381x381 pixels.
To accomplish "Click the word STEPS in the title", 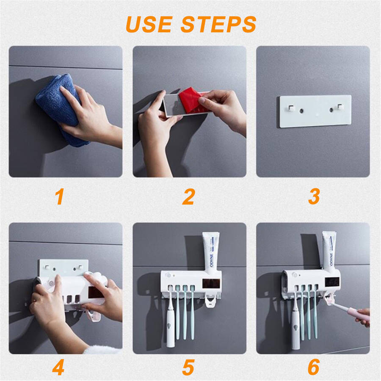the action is click(x=218, y=24).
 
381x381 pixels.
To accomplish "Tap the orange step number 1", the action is click(x=60, y=196).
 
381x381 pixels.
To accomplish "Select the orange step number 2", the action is click(x=188, y=196).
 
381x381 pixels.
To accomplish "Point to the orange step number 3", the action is click(x=314, y=196).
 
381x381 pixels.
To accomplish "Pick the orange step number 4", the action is click(x=58, y=367).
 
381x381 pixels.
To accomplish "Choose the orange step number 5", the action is click(x=188, y=367).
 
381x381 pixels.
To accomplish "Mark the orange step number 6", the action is click(x=314, y=367).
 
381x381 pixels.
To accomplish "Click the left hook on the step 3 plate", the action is click(x=291, y=108).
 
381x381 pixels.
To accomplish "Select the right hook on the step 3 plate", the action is click(x=340, y=107).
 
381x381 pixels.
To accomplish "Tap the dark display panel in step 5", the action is click(x=211, y=284).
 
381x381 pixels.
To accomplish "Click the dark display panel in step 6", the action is click(x=332, y=282).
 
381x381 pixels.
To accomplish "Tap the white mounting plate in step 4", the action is click(x=63, y=267).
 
